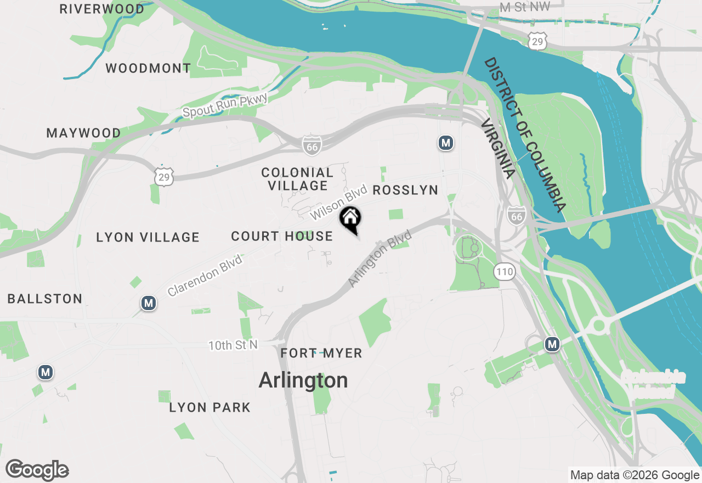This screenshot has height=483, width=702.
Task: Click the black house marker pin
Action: pyautogui.click(x=350, y=219)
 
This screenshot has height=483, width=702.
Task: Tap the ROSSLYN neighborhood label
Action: pyautogui.click(x=405, y=190)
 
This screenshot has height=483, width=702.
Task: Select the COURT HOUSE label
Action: pyautogui.click(x=282, y=237)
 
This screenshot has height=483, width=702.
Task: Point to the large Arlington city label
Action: pyautogui.click(x=303, y=380)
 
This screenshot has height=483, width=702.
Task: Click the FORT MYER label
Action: pyautogui.click(x=321, y=353)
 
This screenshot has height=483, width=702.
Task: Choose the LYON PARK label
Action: pyautogui.click(x=210, y=408)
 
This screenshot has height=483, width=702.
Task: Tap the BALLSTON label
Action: pyautogui.click(x=45, y=299)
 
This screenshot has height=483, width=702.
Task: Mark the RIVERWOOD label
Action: pyautogui.click(x=102, y=9)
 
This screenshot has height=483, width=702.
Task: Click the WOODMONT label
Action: pyautogui.click(x=148, y=69)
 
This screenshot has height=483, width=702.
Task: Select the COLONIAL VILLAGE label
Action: pyautogui.click(x=297, y=179)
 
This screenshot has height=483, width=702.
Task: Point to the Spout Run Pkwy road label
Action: pyautogui.click(x=225, y=105)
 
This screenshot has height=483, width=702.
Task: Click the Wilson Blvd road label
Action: pyautogui.click(x=338, y=203)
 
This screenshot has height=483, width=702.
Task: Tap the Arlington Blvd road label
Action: pyautogui.click(x=380, y=259)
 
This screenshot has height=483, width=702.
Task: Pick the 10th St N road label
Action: pyautogui.click(x=233, y=346)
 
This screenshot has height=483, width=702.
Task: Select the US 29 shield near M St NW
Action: pyautogui.click(x=538, y=41)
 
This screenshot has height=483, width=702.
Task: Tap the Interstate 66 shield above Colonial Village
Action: pyautogui.click(x=311, y=145)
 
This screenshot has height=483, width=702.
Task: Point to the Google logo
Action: pyautogui.click(x=37, y=470)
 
